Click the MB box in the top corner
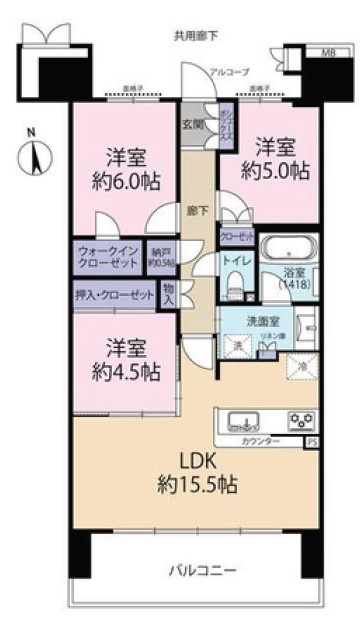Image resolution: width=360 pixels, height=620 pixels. point(327,52)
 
